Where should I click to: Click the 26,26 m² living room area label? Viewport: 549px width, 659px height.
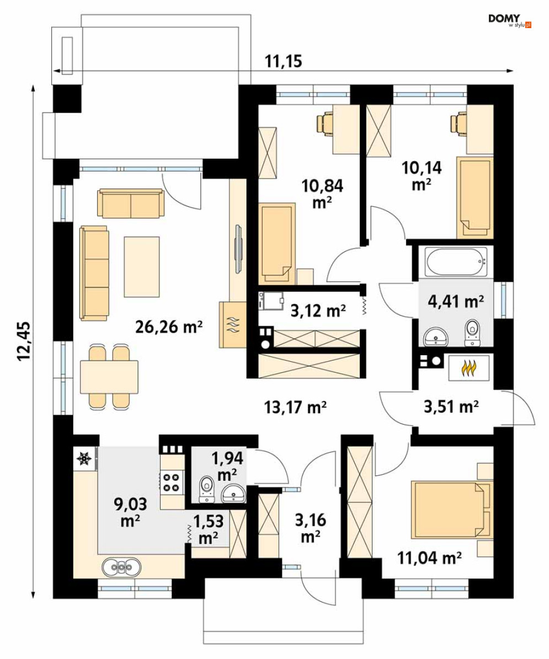(x=169, y=326)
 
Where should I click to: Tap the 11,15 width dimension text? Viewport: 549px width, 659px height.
(x=284, y=62)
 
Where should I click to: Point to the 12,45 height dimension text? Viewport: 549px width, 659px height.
(x=24, y=341)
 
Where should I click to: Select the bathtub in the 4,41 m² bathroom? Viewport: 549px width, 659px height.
(x=456, y=261)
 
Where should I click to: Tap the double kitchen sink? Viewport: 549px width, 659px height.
(x=121, y=567)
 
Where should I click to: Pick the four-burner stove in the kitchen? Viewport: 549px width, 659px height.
(x=172, y=481)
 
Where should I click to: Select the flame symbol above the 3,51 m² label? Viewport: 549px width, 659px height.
(x=468, y=367)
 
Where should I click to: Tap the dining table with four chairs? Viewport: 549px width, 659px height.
(x=109, y=377)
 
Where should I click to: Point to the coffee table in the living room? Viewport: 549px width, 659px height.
(x=142, y=266)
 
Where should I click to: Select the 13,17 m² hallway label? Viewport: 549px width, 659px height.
(x=296, y=407)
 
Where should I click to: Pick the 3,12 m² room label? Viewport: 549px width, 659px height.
(x=318, y=310)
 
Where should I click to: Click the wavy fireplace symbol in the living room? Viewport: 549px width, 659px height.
(x=233, y=324)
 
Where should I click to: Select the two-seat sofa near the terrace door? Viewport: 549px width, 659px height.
(x=131, y=204)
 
